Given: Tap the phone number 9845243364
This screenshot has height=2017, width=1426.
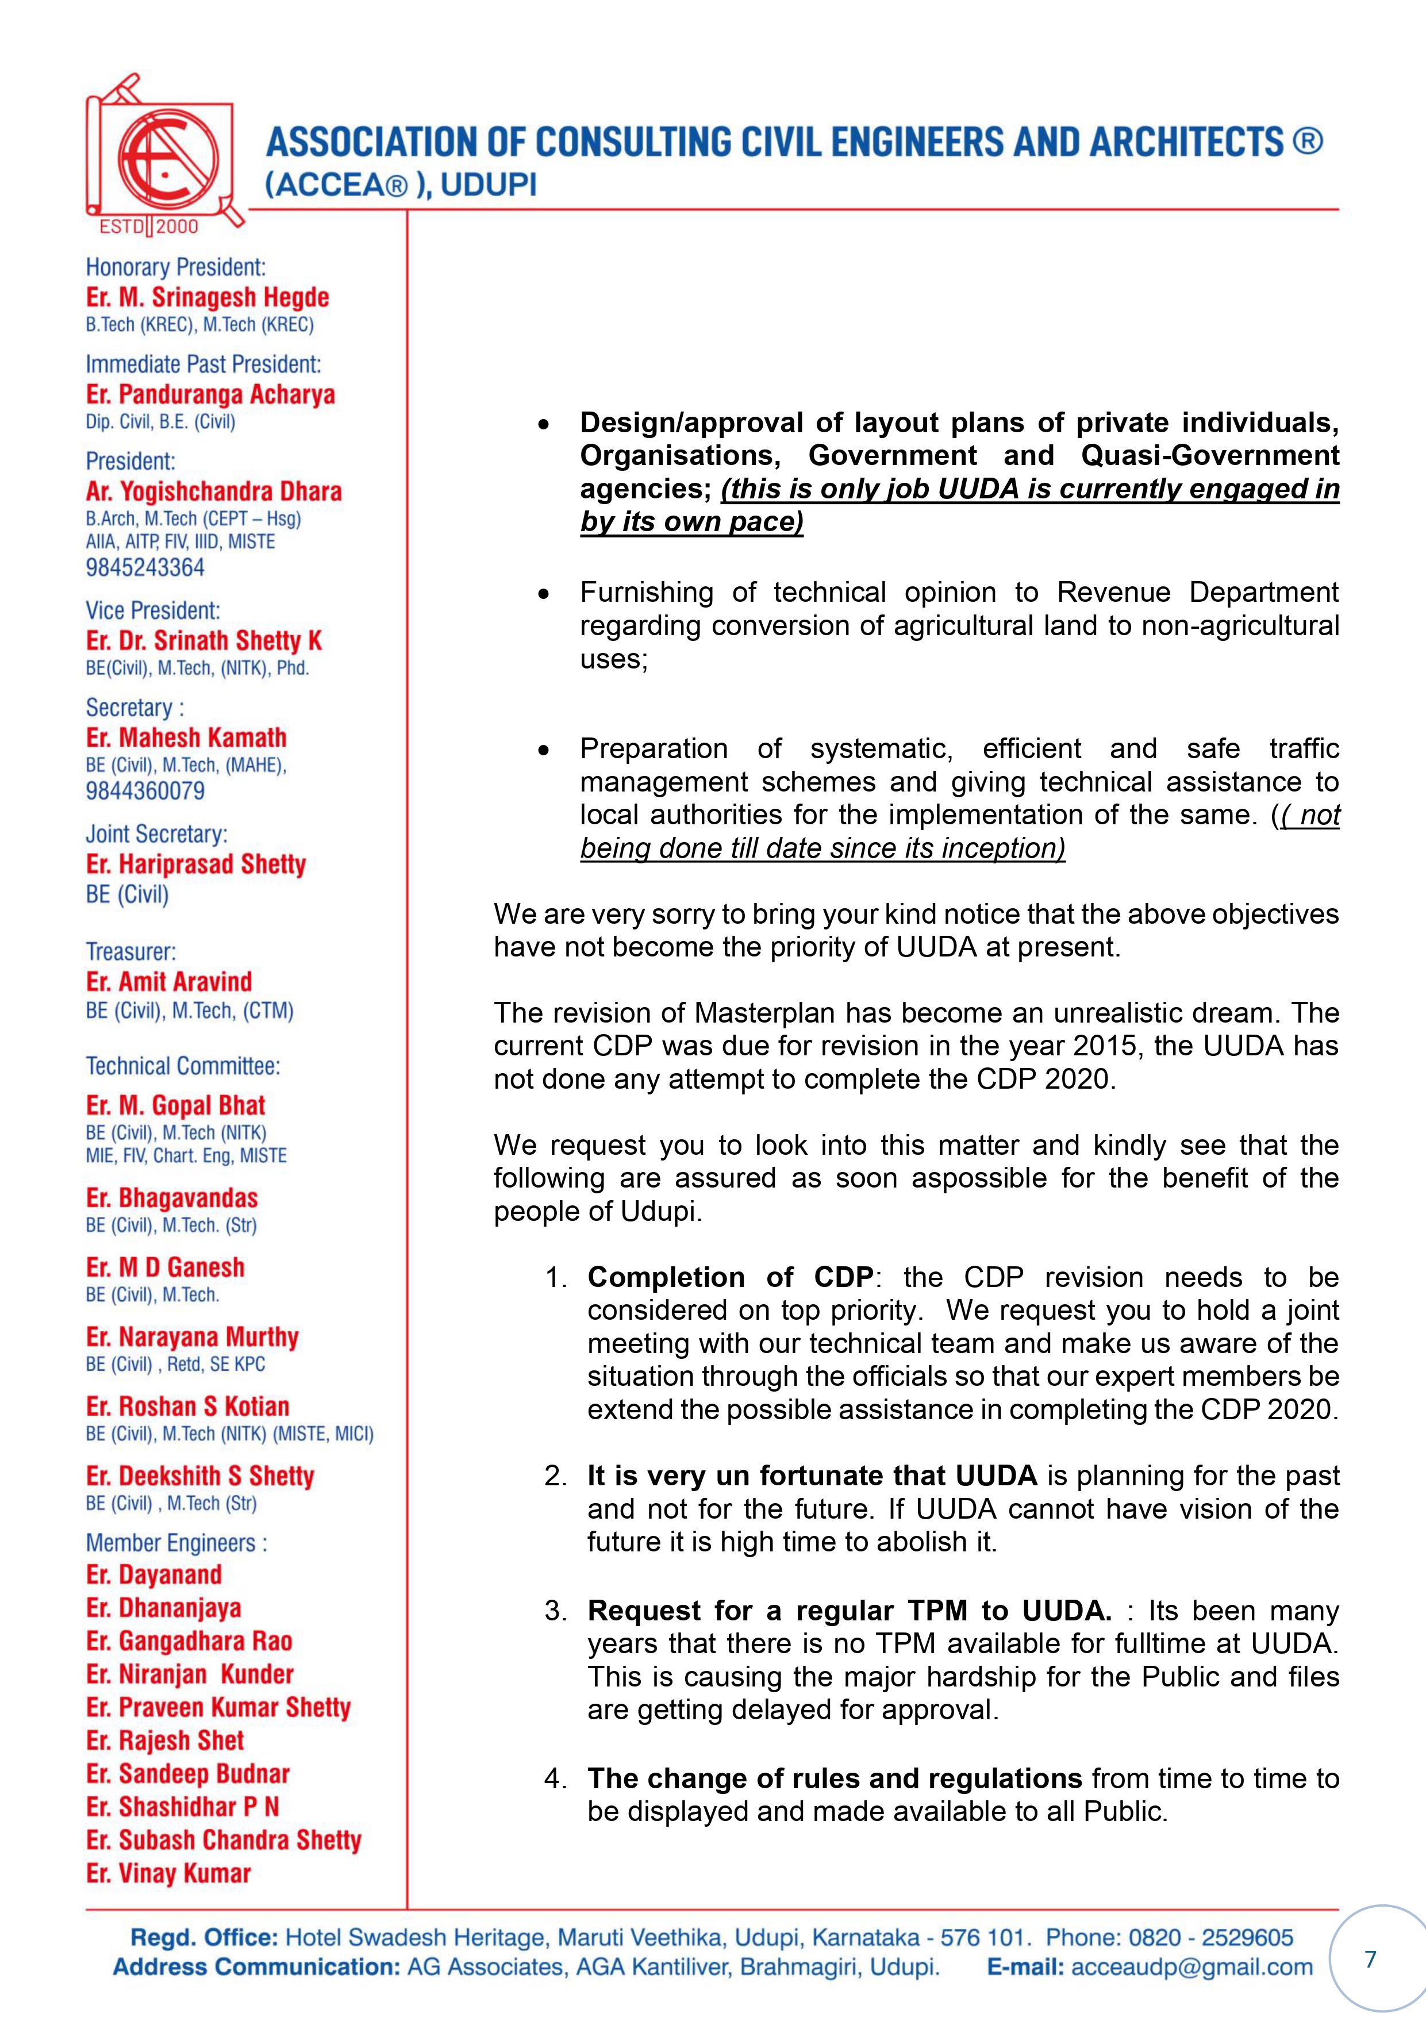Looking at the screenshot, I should pyautogui.click(x=145, y=567).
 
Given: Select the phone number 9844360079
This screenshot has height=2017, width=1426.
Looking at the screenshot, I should pyautogui.click(x=145, y=790).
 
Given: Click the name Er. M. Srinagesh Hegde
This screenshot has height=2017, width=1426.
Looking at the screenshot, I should pyautogui.click(x=207, y=297).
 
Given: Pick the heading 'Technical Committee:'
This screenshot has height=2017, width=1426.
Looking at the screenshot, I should pyautogui.click(x=183, y=1066).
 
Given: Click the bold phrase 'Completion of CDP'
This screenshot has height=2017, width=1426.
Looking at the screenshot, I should pyautogui.click(x=730, y=1277).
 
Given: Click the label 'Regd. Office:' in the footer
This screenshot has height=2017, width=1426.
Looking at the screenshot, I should pyautogui.click(x=204, y=1937).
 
